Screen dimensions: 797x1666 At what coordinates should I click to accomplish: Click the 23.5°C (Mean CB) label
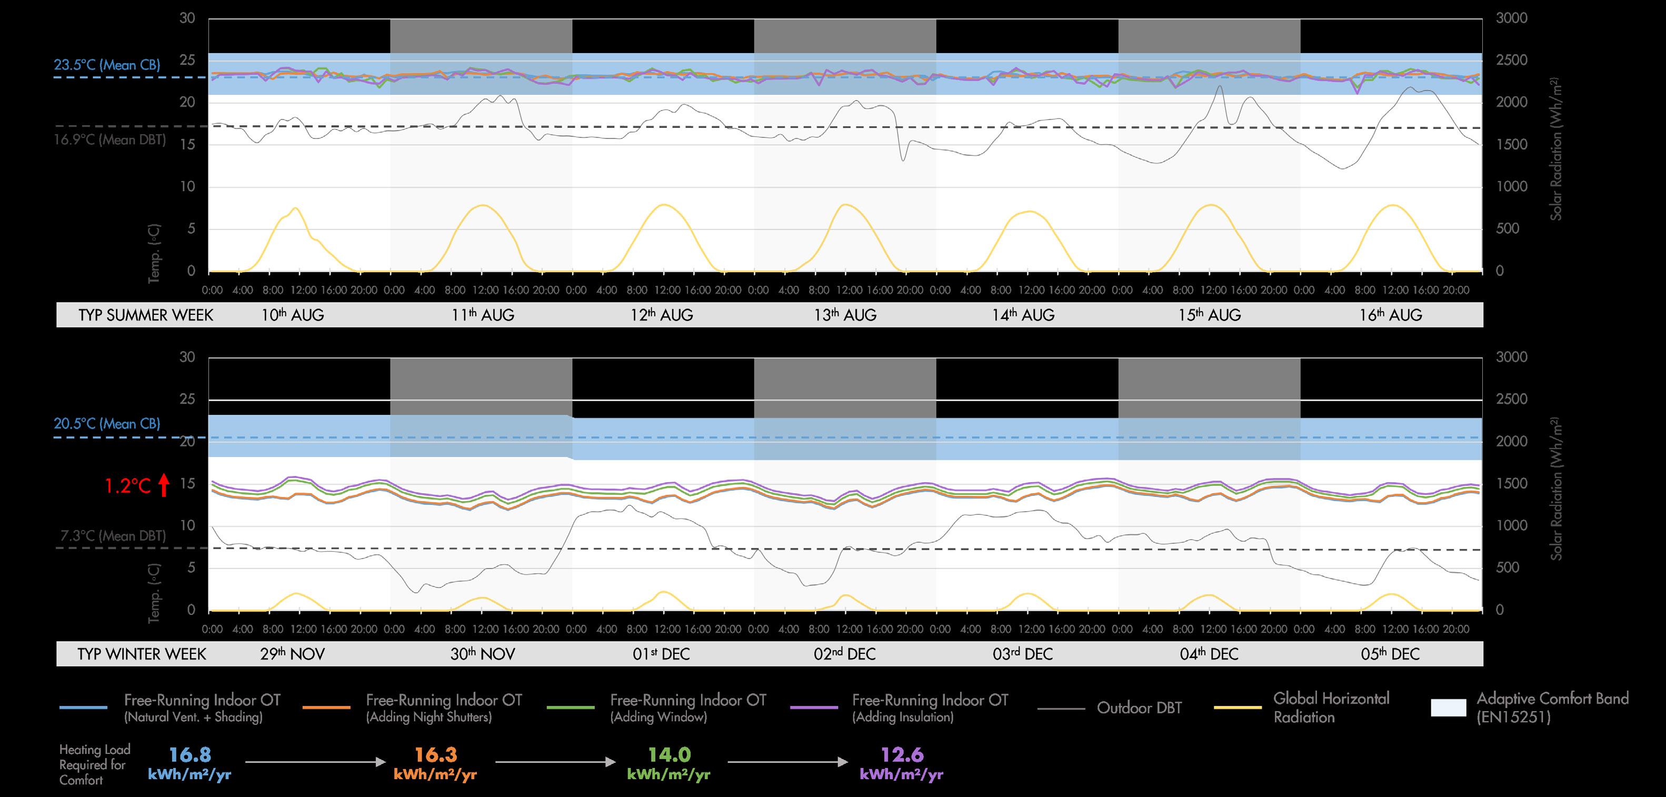[107, 65]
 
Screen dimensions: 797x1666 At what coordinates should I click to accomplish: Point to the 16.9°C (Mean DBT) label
[109, 140]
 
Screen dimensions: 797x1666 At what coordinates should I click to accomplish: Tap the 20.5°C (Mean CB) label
[107, 424]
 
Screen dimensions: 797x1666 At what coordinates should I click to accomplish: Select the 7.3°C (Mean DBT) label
[113, 536]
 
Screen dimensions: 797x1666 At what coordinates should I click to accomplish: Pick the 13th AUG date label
[845, 315]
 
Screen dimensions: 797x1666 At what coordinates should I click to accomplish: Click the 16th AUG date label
[1391, 315]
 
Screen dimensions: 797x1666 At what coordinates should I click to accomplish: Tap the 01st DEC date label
[661, 654]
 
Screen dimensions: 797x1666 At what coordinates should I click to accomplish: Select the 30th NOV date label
[483, 654]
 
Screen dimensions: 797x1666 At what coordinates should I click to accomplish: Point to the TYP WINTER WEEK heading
[142, 654]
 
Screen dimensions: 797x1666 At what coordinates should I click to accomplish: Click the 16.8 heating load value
[189, 755]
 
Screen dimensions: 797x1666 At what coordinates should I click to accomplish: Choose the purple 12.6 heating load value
[902, 755]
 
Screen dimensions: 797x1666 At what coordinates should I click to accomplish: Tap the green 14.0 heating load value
[670, 755]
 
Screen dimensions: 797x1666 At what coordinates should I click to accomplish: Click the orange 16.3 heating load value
[435, 755]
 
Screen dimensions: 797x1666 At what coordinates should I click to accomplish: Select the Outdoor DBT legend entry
[1139, 708]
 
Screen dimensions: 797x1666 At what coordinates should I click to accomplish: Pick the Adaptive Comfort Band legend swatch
[1449, 708]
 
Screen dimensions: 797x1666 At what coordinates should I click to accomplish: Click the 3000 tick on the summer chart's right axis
[1511, 18]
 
